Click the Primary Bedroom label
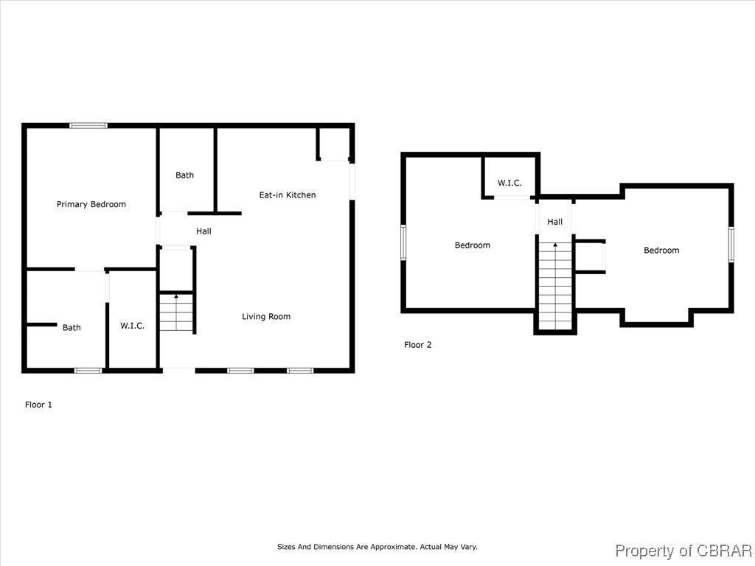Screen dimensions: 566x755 (91, 204)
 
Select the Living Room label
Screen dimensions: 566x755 (266, 316)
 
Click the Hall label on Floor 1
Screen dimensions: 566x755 (203, 231)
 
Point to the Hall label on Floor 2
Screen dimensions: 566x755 (554, 222)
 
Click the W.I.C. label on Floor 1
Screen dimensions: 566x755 (133, 326)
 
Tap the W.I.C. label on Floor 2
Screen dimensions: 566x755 (509, 183)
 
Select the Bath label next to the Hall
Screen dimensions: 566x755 (184, 175)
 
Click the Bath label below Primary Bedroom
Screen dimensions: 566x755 (72, 327)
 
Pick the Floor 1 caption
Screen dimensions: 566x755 (38, 405)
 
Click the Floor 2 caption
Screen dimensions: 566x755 (417, 344)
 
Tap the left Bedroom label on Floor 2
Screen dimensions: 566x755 (472, 245)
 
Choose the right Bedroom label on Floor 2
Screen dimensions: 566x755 (661, 251)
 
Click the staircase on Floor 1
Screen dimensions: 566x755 (176, 312)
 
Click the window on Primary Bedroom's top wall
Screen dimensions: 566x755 (88, 126)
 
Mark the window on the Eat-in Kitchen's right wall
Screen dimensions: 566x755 (352, 180)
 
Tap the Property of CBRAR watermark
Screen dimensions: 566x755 (683, 551)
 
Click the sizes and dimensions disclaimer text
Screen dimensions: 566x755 (377, 547)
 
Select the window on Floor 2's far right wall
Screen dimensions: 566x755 (731, 243)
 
